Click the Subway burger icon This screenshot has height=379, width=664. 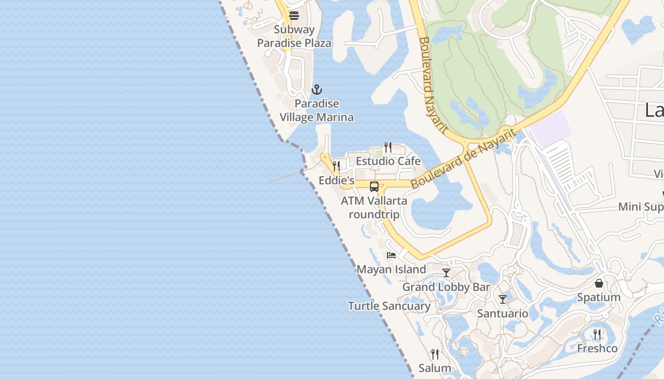click(294, 16)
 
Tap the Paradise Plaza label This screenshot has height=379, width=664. click(294, 43)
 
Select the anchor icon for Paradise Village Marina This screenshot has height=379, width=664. click(316, 90)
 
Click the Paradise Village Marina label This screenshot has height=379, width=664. click(316, 110)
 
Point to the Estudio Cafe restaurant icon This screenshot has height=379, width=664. click(388, 147)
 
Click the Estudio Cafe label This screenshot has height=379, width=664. click(388, 161)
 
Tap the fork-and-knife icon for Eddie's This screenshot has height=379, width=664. click(336, 166)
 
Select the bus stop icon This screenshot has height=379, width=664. click(374, 187)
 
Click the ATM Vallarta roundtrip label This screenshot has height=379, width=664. click(374, 207)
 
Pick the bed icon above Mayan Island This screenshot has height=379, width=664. click(391, 255)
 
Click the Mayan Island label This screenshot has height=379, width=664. click(391, 270)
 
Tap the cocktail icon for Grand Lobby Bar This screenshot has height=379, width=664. click(446, 273)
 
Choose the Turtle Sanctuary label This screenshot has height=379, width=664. click(389, 306)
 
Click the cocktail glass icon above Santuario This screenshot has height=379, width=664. click(503, 299)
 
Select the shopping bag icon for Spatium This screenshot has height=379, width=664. click(599, 283)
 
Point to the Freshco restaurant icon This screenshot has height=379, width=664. click(597, 334)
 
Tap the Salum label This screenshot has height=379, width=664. click(434, 368)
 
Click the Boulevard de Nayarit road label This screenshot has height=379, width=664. click(462, 159)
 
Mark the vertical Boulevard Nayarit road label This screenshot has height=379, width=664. click(433, 85)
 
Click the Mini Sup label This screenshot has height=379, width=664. click(640, 207)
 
